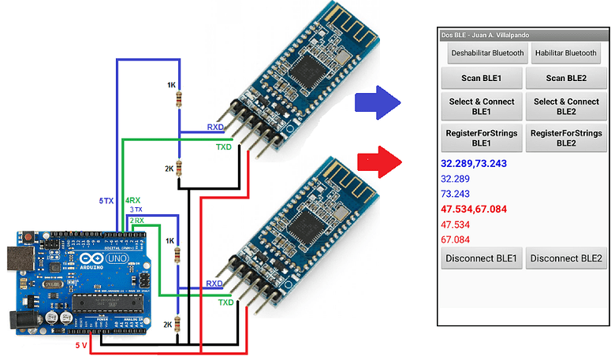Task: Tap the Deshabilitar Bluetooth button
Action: click(486, 54)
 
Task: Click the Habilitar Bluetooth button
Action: click(565, 54)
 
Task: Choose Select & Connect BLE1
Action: click(481, 106)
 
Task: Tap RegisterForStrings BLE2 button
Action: click(567, 138)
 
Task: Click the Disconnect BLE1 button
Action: click(481, 258)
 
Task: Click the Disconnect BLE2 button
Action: click(566, 258)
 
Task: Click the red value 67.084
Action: click(456, 239)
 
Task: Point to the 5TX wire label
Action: click(106, 202)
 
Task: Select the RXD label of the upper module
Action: click(215, 127)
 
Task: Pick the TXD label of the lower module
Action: click(225, 302)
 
